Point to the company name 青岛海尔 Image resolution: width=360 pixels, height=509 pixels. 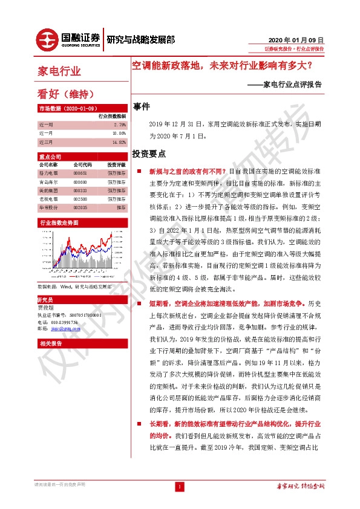click(x=48, y=181)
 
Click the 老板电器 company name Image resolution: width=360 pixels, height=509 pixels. click(x=48, y=198)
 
